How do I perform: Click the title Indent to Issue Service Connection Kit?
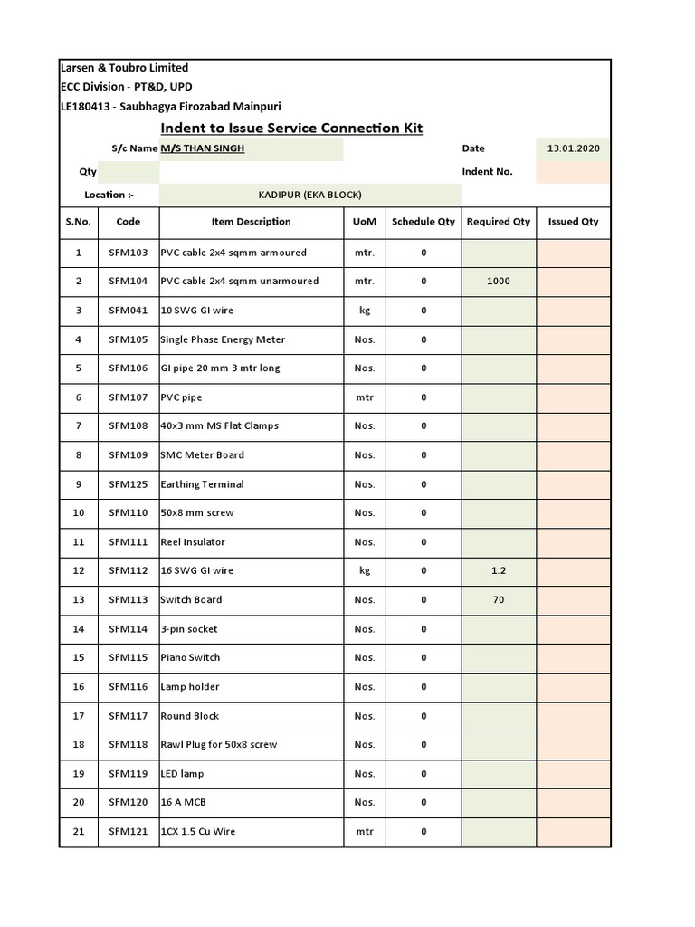point(291,129)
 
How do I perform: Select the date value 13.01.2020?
point(573,148)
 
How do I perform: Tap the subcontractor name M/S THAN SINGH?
point(203,148)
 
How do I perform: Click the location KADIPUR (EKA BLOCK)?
point(309,195)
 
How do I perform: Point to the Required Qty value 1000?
point(498,282)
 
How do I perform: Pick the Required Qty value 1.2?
point(498,571)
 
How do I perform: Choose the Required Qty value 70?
point(498,600)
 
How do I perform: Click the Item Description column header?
point(251,222)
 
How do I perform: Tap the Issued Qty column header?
point(573,222)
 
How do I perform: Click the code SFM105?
point(128,339)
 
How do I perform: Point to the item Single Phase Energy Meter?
point(223,339)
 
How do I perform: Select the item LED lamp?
point(182,774)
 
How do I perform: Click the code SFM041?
point(128,311)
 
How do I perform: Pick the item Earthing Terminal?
point(202,484)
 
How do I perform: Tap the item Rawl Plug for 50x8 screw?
point(219,745)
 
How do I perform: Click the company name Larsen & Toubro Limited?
point(124,68)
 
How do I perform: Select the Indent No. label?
point(487,172)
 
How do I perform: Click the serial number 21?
point(79,832)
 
